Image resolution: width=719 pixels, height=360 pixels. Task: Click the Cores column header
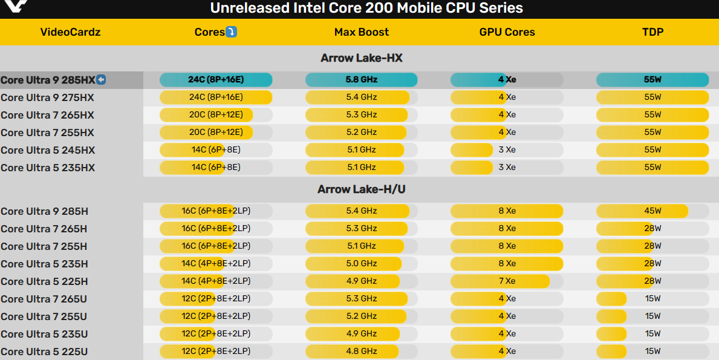pyautogui.click(x=209, y=32)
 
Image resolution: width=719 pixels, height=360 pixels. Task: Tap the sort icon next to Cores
pyautogui.click(x=231, y=32)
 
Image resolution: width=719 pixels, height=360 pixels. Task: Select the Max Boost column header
pyautogui.click(x=361, y=32)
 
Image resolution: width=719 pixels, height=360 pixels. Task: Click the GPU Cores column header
pyautogui.click(x=507, y=32)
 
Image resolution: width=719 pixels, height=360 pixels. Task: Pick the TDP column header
pyautogui.click(x=652, y=32)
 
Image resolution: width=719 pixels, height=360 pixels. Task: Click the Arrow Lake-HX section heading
pyautogui.click(x=361, y=58)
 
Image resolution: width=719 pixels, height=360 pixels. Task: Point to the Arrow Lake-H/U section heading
pyautogui.click(x=361, y=189)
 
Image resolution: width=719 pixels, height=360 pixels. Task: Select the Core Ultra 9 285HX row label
pyautogui.click(x=48, y=80)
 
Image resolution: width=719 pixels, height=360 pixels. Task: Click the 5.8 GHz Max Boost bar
pyautogui.click(x=361, y=79)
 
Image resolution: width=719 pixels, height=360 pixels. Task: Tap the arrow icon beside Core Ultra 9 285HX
pyautogui.click(x=101, y=79)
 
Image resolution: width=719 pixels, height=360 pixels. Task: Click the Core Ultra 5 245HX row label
pyautogui.click(x=48, y=150)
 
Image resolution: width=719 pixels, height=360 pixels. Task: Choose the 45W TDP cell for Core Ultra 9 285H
pyautogui.click(x=652, y=211)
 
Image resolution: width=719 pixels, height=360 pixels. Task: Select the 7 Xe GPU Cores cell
pyautogui.click(x=507, y=281)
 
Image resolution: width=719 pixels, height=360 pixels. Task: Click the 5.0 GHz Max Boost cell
pyautogui.click(x=361, y=264)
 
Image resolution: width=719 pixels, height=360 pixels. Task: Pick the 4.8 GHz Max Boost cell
pyautogui.click(x=361, y=352)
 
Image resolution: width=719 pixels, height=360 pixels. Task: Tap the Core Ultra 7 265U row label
pyautogui.click(x=44, y=299)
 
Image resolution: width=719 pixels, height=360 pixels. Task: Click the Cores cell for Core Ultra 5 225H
pyautogui.click(x=216, y=281)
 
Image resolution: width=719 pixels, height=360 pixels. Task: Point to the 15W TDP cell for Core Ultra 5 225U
pyautogui.click(x=652, y=352)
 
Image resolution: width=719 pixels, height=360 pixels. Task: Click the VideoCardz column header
pyautogui.click(x=70, y=32)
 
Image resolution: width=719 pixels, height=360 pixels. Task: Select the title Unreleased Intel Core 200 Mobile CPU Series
pyautogui.click(x=366, y=8)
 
